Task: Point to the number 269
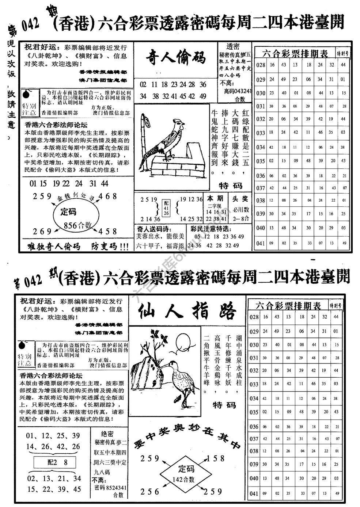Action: (42, 231)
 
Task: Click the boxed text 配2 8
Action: (58, 462)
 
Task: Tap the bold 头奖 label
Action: (240, 199)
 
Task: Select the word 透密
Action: (233, 46)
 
